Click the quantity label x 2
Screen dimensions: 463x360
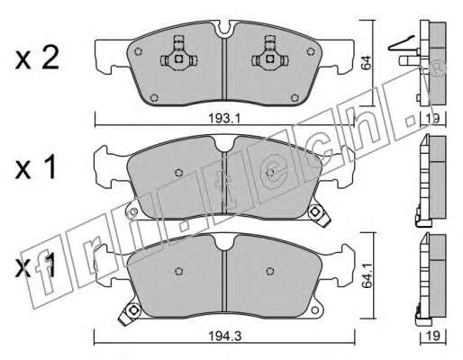click(x=37, y=58)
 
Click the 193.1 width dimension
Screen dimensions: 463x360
click(x=224, y=119)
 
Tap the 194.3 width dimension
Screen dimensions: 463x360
click(x=225, y=336)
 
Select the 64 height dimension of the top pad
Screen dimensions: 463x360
click(x=366, y=62)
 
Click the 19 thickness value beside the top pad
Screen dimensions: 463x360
click(x=433, y=118)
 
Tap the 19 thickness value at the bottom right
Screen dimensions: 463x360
click(x=433, y=336)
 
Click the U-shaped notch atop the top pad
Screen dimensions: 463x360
click(x=224, y=29)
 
